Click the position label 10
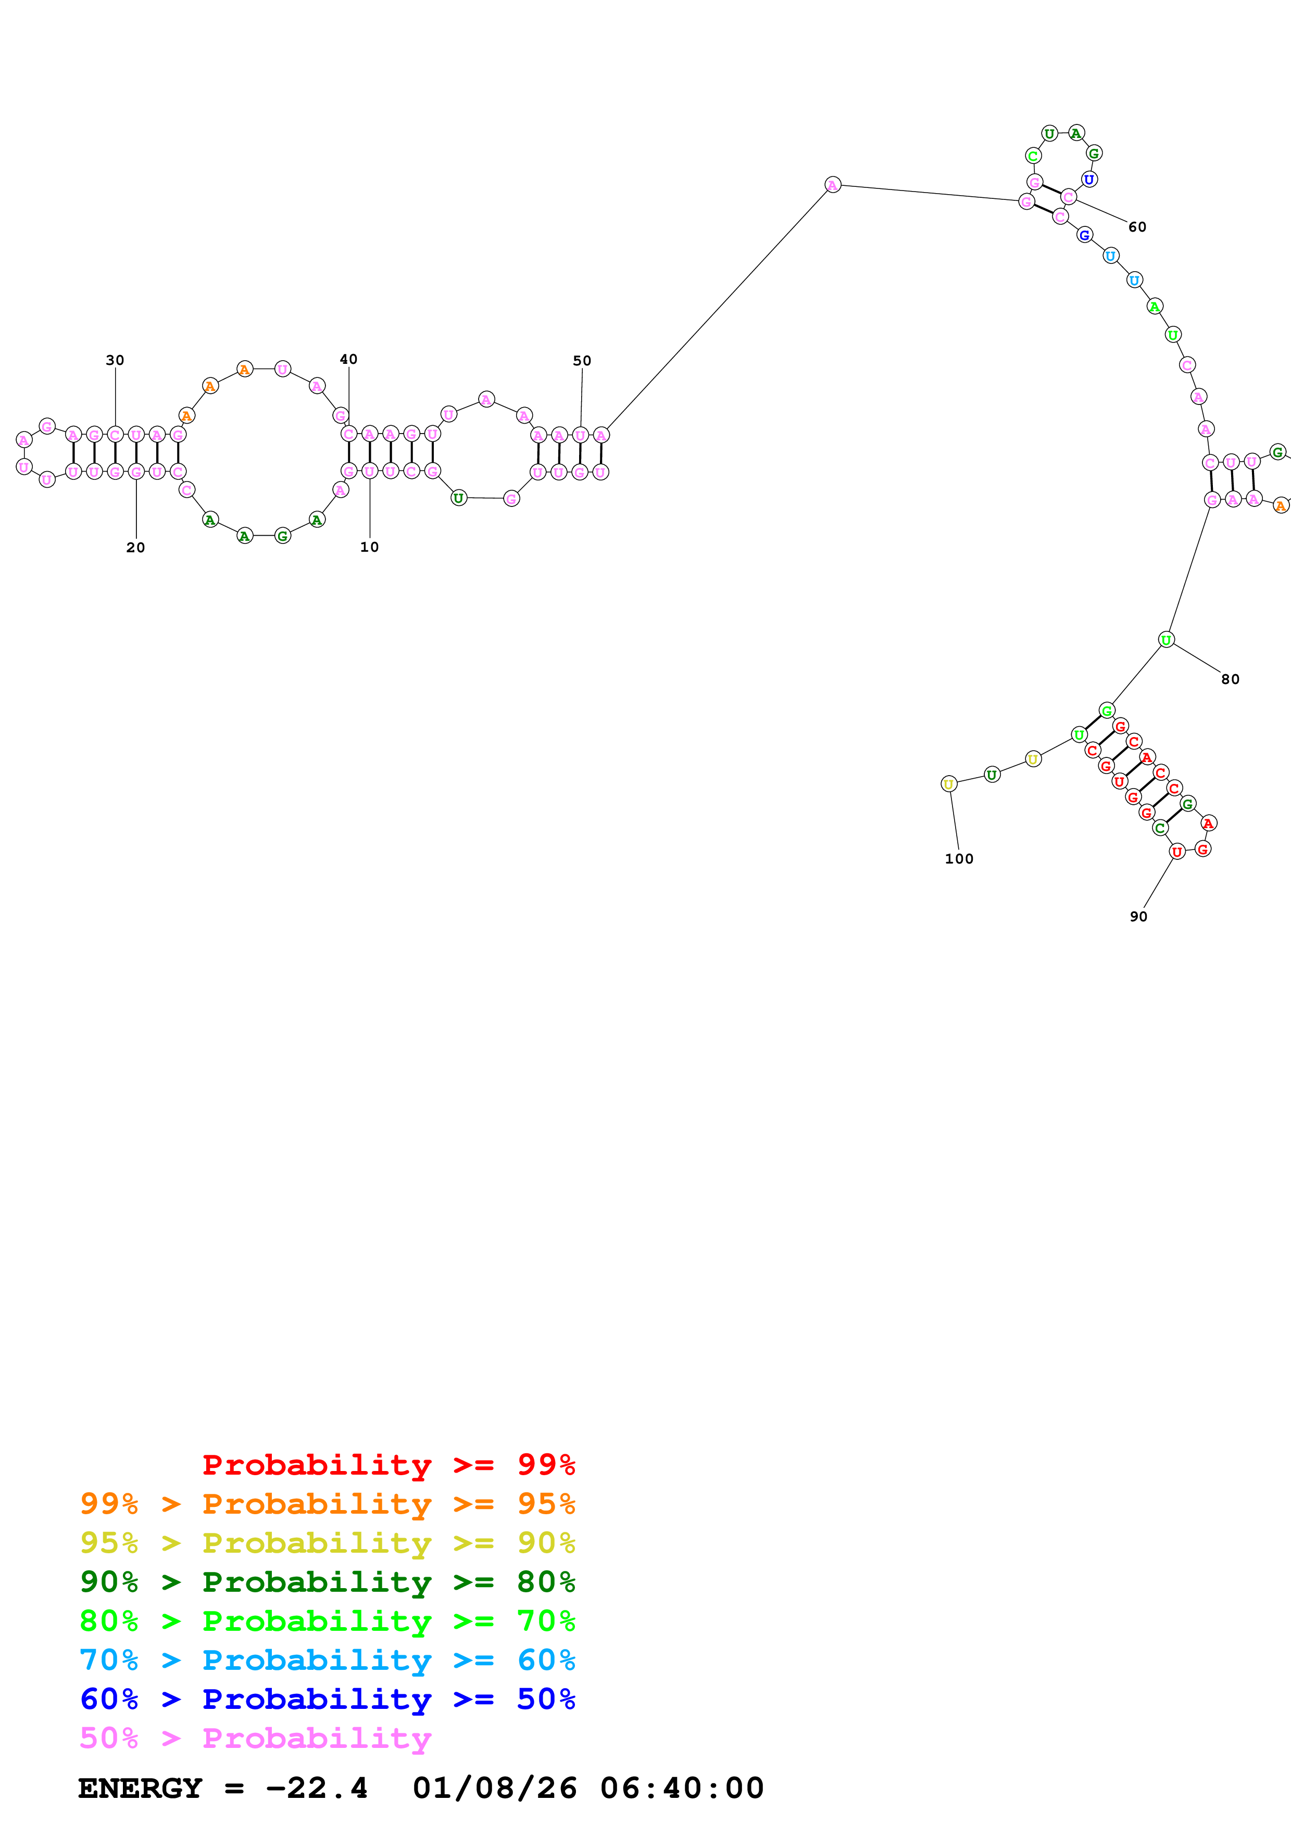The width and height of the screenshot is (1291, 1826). (369, 547)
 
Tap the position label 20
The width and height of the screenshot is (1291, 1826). (135, 548)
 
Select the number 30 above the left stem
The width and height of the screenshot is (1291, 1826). (115, 360)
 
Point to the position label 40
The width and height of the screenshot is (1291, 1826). (348, 360)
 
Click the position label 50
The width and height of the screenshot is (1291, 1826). (582, 361)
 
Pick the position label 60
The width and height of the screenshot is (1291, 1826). (1137, 227)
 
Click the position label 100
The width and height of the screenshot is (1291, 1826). (959, 859)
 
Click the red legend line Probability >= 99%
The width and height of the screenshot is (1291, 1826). (388, 1465)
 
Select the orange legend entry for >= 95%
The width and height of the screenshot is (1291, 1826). (327, 1504)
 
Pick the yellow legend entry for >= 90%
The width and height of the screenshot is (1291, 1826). (327, 1543)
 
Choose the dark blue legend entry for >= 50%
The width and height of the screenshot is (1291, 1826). (327, 1699)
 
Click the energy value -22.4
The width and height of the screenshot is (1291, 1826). (317, 1788)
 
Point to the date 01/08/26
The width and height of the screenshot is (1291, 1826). (494, 1788)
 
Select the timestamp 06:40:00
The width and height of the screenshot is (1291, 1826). (682, 1788)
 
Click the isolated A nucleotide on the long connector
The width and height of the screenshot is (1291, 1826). (832, 185)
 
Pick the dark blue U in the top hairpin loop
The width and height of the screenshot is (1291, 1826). (1089, 180)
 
